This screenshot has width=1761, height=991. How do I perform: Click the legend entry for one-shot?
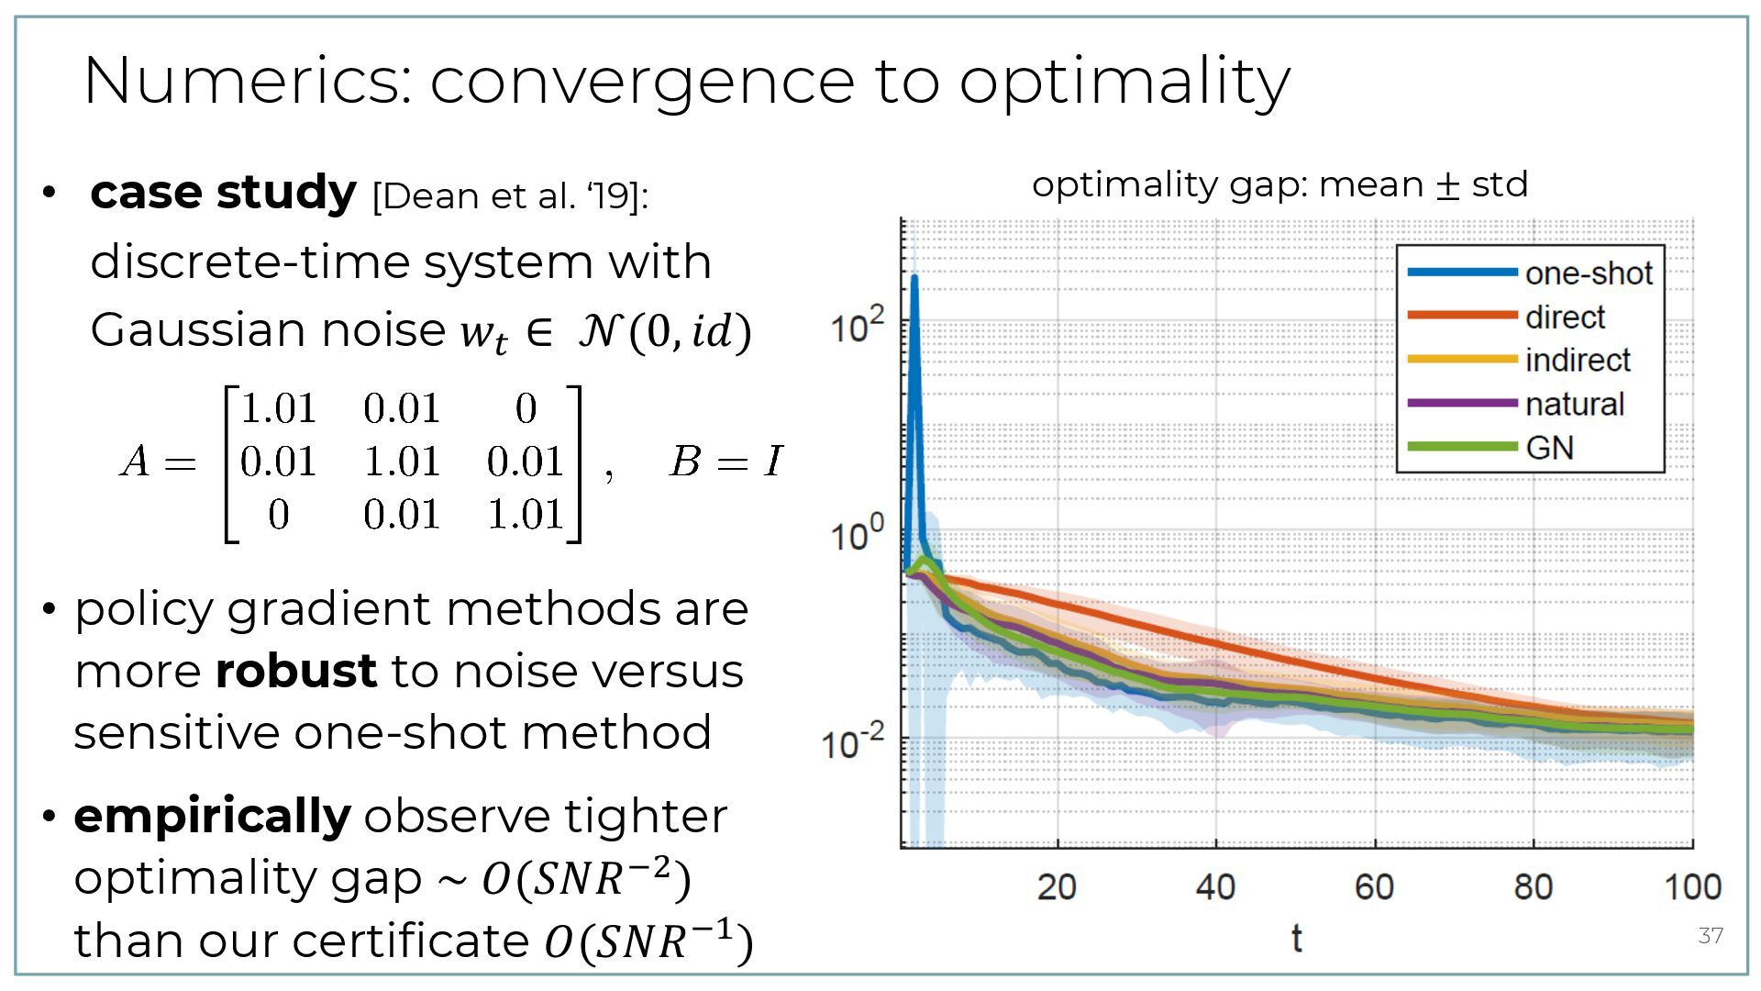coord(1588,273)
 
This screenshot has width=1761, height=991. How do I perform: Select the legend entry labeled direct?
coord(1565,317)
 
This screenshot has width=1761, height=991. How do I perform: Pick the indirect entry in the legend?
coord(1578,361)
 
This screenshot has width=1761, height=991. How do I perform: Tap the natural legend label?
coord(1574,404)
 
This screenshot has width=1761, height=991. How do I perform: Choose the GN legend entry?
coord(1549,448)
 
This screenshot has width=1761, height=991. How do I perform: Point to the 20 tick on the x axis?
coord(1057,887)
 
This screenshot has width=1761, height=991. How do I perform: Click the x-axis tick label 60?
coord(1374,887)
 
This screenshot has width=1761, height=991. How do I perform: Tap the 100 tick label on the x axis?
coord(1692,887)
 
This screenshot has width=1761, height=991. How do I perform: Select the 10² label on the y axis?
coord(858,327)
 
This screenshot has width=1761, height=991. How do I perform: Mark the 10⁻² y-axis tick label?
coord(854,741)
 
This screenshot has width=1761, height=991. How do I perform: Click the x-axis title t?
coord(1296,938)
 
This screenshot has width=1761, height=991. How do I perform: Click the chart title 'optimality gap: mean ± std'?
coord(1279,184)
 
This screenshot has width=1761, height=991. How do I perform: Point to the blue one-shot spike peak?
coord(914,276)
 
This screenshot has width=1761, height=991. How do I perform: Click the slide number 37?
coord(1711,935)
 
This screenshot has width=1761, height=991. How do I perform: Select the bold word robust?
coord(295,671)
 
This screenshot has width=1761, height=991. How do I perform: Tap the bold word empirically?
coord(212,816)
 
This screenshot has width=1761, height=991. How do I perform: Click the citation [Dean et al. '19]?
coord(509,195)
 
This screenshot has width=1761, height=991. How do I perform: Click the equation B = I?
coord(725,462)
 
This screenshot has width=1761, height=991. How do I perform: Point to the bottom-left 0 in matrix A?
coord(279,515)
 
